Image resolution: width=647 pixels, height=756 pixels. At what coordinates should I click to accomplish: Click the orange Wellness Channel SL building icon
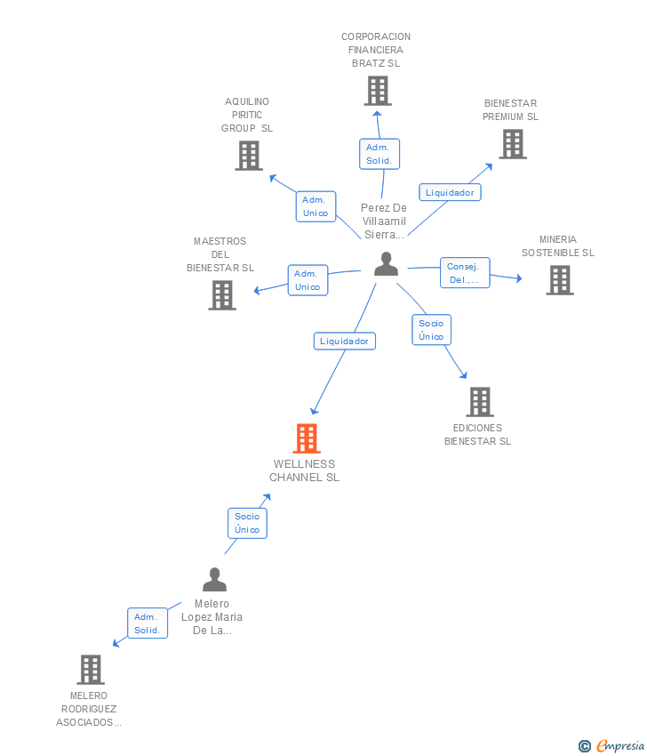pos(307,438)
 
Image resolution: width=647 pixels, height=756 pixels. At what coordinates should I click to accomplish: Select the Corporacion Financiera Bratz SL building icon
pos(378,91)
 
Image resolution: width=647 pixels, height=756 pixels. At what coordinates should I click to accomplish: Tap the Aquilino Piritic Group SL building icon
pos(249,156)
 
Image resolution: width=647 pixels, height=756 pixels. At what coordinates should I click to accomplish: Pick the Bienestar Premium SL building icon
pos(512,144)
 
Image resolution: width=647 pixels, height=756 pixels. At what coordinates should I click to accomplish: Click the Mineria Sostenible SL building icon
pos(559,280)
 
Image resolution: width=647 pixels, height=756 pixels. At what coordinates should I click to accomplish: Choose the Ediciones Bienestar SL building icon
pos(479,402)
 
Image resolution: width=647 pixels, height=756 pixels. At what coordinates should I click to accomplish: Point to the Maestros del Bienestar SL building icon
pos(222,294)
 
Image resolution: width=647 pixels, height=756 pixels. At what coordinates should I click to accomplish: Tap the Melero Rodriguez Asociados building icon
pos(90,670)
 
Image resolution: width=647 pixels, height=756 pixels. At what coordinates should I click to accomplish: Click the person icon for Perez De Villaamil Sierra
pos(386,264)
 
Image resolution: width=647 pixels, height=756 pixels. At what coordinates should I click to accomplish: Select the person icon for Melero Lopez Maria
pos(214,580)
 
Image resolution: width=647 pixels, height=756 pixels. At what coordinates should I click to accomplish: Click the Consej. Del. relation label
pos(465,273)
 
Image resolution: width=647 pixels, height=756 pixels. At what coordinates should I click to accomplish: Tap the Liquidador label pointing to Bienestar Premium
pos(450,192)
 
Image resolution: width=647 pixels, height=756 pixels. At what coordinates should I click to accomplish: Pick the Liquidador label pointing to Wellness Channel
pos(344,341)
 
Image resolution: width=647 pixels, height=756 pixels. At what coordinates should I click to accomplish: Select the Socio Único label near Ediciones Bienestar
pos(431,330)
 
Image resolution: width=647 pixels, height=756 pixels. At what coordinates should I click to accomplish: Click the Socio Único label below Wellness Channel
pos(247,523)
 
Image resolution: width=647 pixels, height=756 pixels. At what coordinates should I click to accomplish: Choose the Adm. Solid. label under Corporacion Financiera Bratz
pos(379,154)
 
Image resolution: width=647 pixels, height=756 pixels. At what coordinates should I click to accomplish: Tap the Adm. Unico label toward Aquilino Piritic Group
pos(316,206)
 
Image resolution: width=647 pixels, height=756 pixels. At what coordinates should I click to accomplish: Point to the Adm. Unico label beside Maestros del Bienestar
pos(308,280)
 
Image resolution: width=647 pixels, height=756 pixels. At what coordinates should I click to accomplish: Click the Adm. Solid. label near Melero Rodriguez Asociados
pos(147,623)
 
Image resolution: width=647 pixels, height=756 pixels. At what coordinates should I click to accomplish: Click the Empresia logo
pos(613,746)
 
